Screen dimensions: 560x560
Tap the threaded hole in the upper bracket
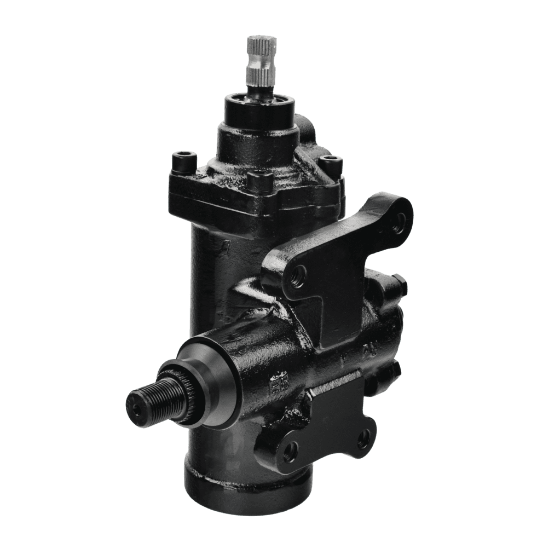[x=299, y=277]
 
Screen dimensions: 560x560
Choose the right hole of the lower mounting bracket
[x=363, y=438]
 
